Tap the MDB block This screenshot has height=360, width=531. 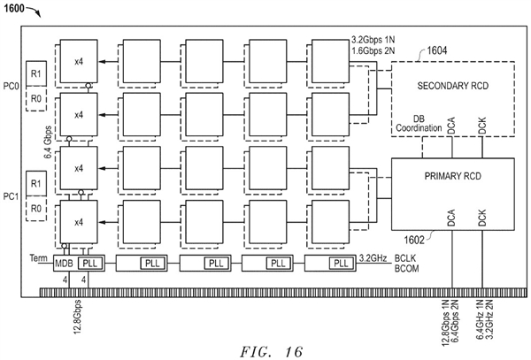tap(64, 263)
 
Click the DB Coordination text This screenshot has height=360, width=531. tap(415, 123)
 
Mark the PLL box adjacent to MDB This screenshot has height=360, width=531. tap(90, 263)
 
